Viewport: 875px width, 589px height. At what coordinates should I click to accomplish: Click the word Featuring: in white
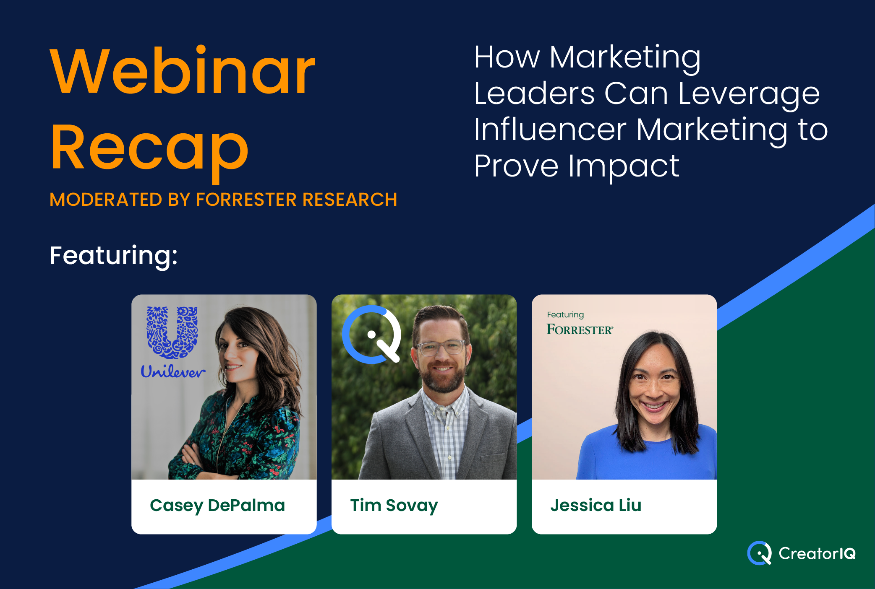tap(114, 256)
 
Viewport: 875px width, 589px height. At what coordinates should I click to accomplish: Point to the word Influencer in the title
tap(550, 130)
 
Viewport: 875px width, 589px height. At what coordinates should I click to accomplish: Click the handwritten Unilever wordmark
tap(172, 371)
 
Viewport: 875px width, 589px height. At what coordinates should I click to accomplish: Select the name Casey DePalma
tap(217, 506)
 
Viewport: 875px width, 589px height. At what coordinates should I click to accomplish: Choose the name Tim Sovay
tap(394, 506)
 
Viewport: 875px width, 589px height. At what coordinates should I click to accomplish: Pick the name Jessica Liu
tap(596, 505)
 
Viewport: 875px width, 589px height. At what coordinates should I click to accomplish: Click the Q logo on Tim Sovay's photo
tap(371, 335)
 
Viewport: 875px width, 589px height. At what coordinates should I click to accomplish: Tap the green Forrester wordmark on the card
tap(580, 330)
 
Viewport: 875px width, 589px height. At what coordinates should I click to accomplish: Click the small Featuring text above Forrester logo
tap(565, 315)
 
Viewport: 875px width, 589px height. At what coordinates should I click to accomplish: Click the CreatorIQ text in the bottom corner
tap(817, 553)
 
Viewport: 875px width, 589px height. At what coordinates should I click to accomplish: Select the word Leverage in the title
tap(749, 94)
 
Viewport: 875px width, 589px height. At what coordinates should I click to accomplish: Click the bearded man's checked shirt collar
tap(445, 400)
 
